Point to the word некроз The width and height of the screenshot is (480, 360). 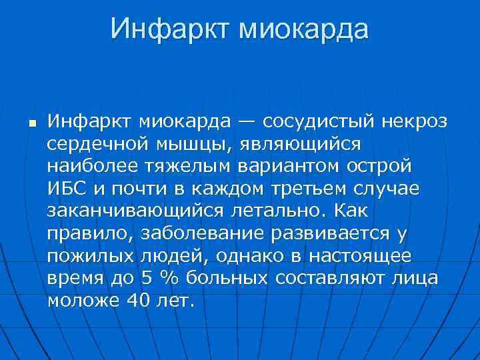pyautogui.click(x=415, y=122)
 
